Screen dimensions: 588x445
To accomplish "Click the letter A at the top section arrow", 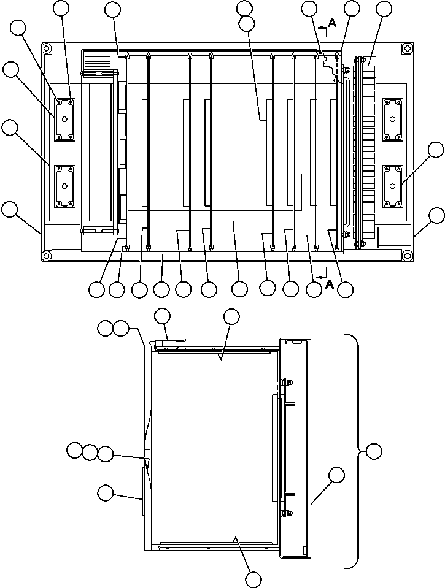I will pos(332,23).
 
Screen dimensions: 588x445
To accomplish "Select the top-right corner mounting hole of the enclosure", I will pos(406,48).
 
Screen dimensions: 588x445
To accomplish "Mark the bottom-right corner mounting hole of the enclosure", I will pos(406,255).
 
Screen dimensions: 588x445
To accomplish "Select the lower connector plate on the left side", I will pos(64,185).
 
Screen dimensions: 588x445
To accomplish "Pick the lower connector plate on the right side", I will pos(392,185).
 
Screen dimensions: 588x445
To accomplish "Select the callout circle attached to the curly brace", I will pos(374,452).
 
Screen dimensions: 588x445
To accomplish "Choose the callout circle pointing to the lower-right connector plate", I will pos(435,150).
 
